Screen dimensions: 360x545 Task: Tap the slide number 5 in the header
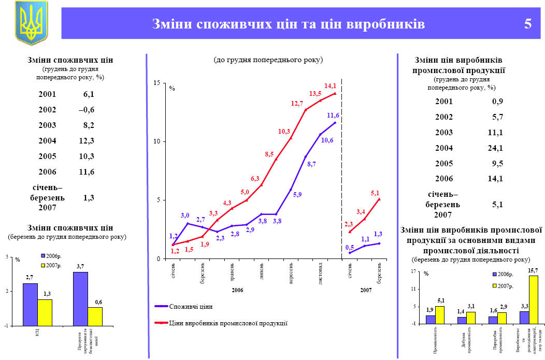coord(528,24)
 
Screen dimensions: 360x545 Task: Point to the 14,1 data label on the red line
coord(330,85)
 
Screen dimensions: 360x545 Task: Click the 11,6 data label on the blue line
coord(333,115)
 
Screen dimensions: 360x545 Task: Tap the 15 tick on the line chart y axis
coord(156,83)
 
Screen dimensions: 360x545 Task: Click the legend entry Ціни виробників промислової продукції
coord(228,323)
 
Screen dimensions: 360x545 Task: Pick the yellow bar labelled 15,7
coord(533,299)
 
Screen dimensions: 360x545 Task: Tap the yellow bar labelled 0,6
coord(95,316)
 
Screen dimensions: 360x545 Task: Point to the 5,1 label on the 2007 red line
coord(376,193)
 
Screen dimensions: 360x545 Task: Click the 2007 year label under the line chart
coord(366,291)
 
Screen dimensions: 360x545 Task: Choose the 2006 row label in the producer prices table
coord(444,179)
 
